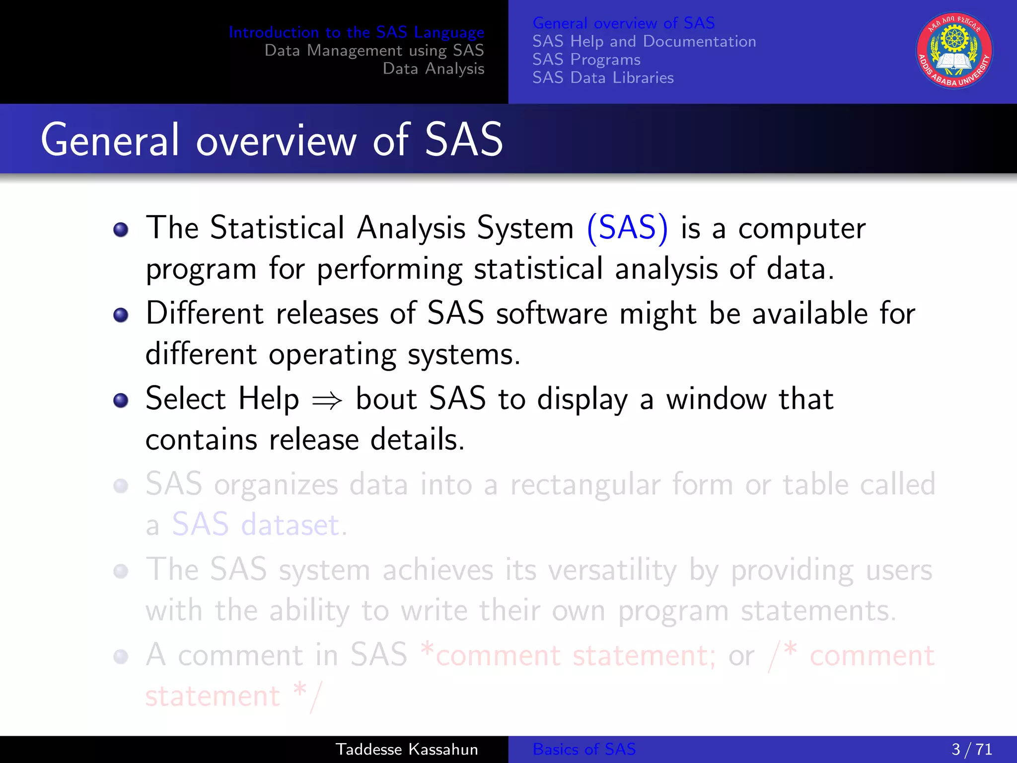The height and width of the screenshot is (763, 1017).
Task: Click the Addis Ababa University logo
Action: [x=954, y=51]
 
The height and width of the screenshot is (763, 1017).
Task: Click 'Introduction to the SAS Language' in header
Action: [x=356, y=32]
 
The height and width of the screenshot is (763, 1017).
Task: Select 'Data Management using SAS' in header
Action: [x=374, y=50]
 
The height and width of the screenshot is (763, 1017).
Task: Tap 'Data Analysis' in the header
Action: [x=433, y=69]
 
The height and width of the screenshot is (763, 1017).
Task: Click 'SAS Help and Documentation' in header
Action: [x=644, y=41]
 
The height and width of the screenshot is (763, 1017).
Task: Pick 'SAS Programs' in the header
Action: [x=586, y=60]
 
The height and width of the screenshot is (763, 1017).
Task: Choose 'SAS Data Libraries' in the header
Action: [x=603, y=77]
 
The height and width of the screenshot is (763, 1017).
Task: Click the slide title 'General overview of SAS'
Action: [x=272, y=140]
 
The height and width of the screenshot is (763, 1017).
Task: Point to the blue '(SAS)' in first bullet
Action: [x=627, y=229]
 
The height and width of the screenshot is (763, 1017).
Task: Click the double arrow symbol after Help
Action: [x=327, y=400]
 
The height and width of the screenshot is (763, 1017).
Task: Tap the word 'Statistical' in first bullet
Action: [x=277, y=229]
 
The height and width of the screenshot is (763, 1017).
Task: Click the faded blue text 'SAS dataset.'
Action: [x=259, y=525]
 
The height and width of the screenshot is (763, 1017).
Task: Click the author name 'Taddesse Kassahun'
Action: [x=407, y=749]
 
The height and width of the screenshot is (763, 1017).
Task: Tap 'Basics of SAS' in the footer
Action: [x=584, y=749]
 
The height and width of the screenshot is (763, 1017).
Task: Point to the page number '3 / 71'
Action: [x=971, y=749]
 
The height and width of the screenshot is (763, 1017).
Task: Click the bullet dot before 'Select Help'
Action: [x=121, y=400]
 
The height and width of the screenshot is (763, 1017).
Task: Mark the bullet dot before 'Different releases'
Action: [x=121, y=315]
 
